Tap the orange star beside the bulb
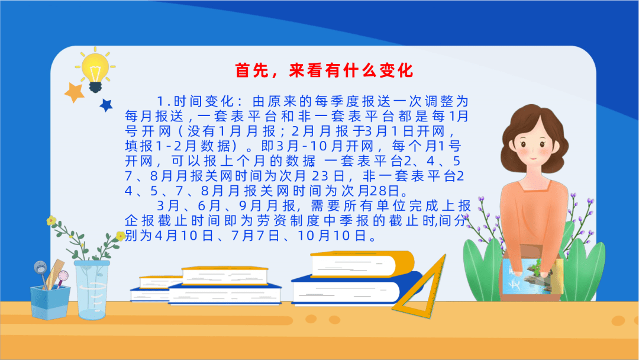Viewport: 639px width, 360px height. point(75,92)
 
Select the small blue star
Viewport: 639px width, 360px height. point(106,105)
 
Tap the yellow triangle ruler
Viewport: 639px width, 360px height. point(419,287)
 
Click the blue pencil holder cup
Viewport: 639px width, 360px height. point(50,302)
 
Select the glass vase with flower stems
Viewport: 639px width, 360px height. point(92,290)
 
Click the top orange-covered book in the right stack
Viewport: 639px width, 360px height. point(362,264)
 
